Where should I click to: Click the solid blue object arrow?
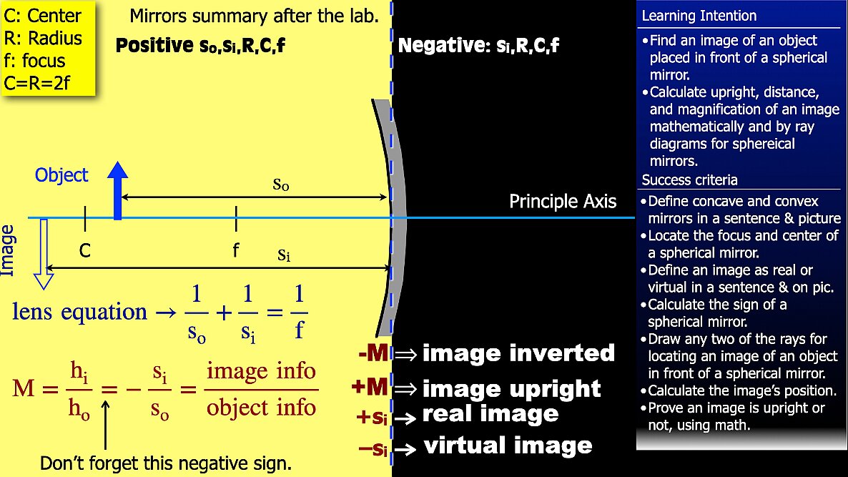pos(117,191)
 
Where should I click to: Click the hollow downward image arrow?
pos(44,254)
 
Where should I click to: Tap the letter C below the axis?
pos(85,250)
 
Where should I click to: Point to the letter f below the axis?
pos(236,250)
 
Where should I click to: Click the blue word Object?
pos(61,175)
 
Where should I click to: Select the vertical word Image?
pos(8,251)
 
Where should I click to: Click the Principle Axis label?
pos(563,201)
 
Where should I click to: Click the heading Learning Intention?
pos(699,16)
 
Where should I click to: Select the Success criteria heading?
pos(689,180)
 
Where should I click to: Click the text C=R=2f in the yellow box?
pos(37,83)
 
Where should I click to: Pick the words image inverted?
pos(518,353)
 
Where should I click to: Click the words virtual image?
pos(508,446)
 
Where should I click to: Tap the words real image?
pos(490,414)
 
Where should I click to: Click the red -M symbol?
pos(374,353)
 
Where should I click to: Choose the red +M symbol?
pos(370,387)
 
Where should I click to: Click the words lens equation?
pos(79,312)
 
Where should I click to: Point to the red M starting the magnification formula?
pos(24,388)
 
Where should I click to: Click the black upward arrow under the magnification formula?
pos(105,425)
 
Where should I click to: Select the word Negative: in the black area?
pos(443,46)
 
